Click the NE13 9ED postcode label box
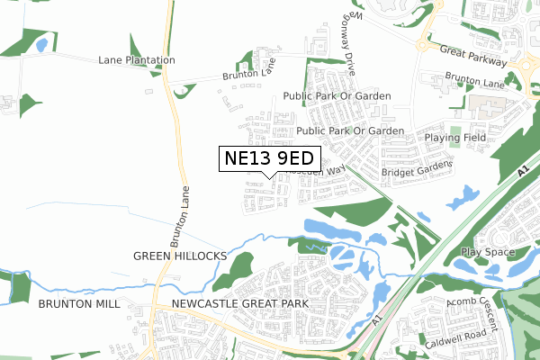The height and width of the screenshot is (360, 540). click(271, 158)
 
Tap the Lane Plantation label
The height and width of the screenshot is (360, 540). click(137, 60)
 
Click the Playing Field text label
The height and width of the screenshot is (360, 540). click(455, 138)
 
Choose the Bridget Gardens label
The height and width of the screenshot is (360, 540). click(415, 171)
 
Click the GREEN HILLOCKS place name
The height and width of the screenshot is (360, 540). click(180, 256)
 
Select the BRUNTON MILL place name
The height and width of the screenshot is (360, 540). click(79, 304)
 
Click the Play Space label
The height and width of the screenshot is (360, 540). click(486, 252)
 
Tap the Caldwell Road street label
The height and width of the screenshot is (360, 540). click(456, 338)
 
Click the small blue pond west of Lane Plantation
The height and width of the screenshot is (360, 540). click(40, 43)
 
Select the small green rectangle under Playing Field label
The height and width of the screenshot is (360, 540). click(455, 138)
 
